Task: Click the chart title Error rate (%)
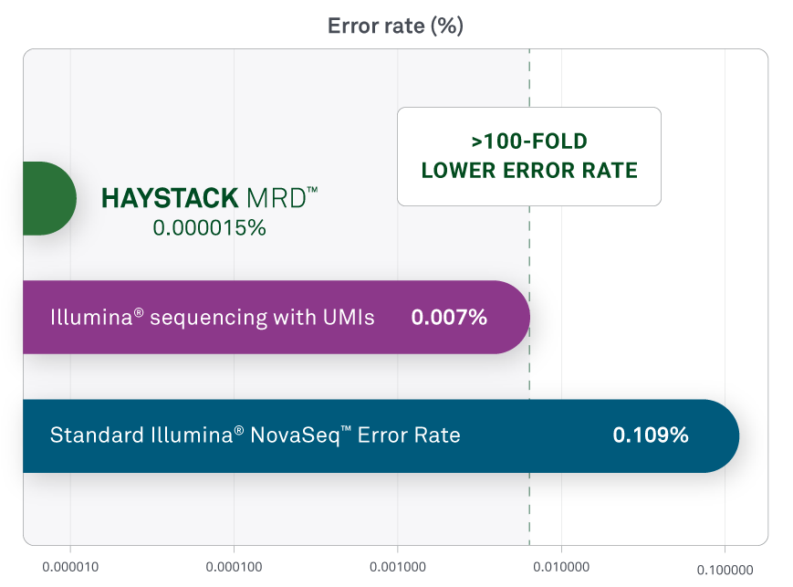click(x=395, y=26)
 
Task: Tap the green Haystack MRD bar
click(x=49, y=198)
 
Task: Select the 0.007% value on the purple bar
click(x=449, y=318)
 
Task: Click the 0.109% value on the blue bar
click(x=651, y=435)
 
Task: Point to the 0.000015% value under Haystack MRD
click(x=209, y=227)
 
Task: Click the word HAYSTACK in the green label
click(x=170, y=198)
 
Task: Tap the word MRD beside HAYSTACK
click(x=277, y=198)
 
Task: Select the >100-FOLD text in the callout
click(x=529, y=142)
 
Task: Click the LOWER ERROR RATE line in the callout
click(x=529, y=171)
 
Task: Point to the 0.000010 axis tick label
click(x=70, y=567)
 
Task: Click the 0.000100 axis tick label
click(x=235, y=567)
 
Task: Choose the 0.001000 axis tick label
click(x=398, y=567)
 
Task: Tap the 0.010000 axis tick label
click(x=561, y=567)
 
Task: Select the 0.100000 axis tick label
click(x=725, y=571)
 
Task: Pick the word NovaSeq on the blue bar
click(x=295, y=435)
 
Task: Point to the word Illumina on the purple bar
click(x=91, y=318)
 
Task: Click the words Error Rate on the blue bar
click(x=409, y=435)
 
